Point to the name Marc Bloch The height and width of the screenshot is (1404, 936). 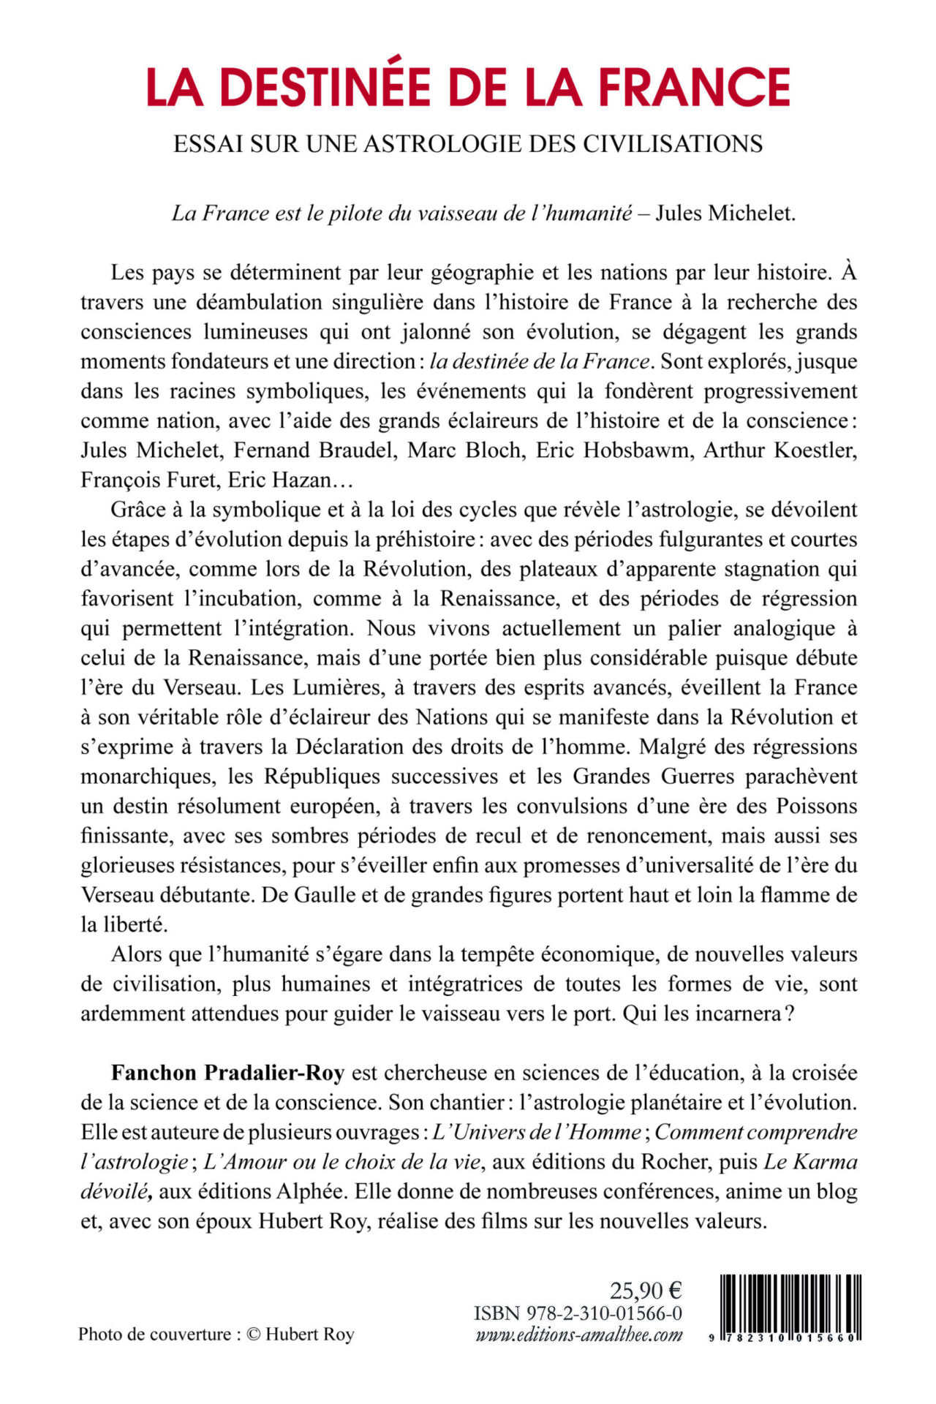click(465, 450)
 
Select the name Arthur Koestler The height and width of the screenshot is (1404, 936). click(780, 450)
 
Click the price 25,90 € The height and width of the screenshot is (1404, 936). click(646, 1291)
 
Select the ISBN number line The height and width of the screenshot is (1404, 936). click(578, 1313)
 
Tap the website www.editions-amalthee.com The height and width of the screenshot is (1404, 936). click(579, 1335)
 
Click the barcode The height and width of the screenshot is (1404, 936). click(790, 1305)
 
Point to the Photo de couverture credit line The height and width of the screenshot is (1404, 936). click(216, 1335)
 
